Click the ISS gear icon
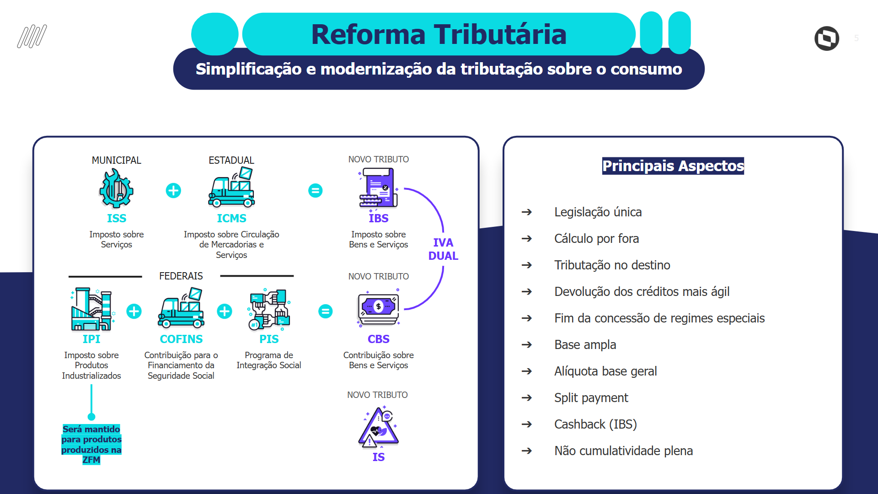click(x=116, y=188)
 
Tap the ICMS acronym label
click(x=231, y=218)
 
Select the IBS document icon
click(x=378, y=188)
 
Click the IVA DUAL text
click(x=443, y=249)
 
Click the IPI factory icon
click(x=91, y=309)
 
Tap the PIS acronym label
click(x=269, y=339)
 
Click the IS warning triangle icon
click(x=378, y=427)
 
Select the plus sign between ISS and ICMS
click(x=173, y=190)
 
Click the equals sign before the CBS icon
click(x=325, y=311)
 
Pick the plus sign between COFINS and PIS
click(x=224, y=311)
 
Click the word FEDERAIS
click(x=181, y=276)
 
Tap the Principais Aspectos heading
click(x=673, y=166)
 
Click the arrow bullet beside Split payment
click(x=527, y=398)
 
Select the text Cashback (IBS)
click(x=595, y=424)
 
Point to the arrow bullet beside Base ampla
click(x=527, y=345)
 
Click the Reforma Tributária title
click(x=439, y=34)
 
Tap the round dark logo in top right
click(x=826, y=38)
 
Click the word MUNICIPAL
click(x=116, y=160)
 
